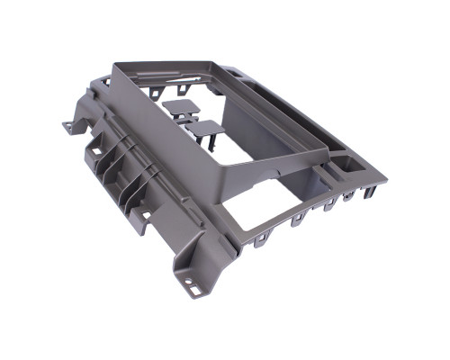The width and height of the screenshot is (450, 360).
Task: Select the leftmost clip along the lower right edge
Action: tap(262, 238)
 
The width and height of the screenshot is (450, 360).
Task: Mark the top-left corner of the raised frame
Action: tap(115, 66)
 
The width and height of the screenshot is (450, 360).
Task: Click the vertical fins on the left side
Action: tap(121, 180)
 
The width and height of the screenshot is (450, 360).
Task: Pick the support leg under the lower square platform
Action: tap(209, 144)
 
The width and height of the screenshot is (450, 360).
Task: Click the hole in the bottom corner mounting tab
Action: tap(195, 291)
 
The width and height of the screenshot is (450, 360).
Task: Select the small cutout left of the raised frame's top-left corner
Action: tap(104, 81)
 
